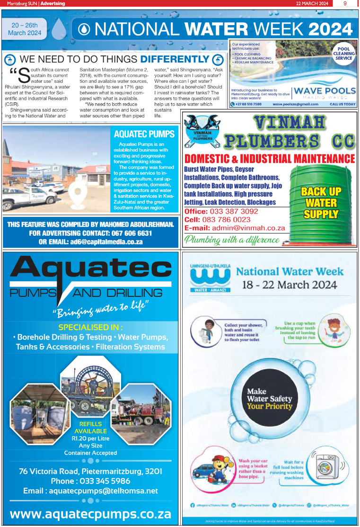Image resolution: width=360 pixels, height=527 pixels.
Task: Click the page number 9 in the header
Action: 345,3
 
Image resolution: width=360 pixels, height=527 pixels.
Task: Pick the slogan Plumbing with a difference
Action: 232,240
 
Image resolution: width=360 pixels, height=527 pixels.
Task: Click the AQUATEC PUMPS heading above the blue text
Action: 144,134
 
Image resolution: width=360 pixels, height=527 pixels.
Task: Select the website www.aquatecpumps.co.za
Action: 90,514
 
